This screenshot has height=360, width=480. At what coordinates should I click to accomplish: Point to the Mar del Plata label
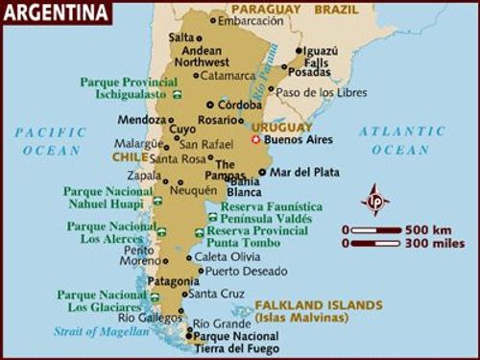pos(304,173)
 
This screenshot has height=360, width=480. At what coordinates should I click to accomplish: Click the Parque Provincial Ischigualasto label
pos(132,88)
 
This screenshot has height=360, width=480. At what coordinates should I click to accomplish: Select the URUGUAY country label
pos(281,126)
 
